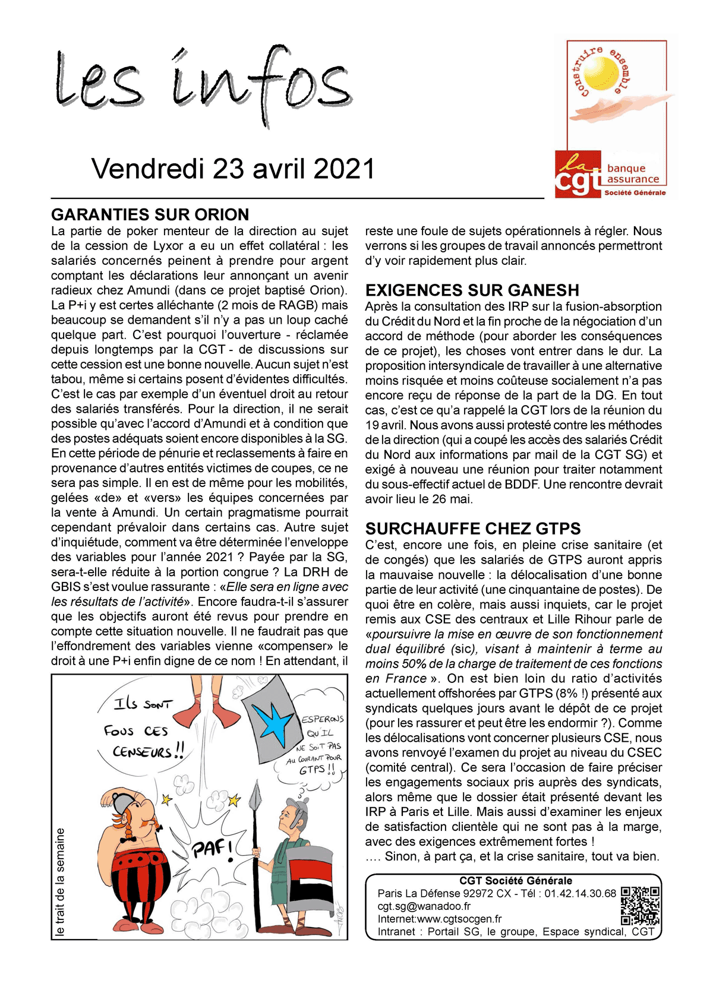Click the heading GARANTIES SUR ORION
point(150,214)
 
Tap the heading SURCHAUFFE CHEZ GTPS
point(473,529)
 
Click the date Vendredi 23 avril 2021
point(233,169)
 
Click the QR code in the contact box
point(641,906)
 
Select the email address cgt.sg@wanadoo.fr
point(424,906)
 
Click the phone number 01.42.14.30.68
point(580,893)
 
